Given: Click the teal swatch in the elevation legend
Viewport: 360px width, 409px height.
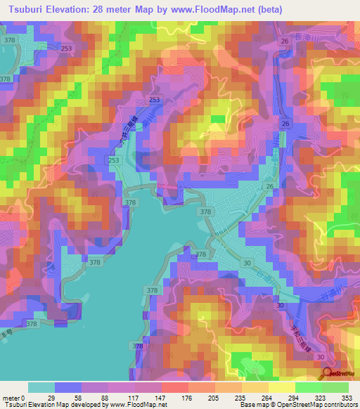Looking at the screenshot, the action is coord(41,387).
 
